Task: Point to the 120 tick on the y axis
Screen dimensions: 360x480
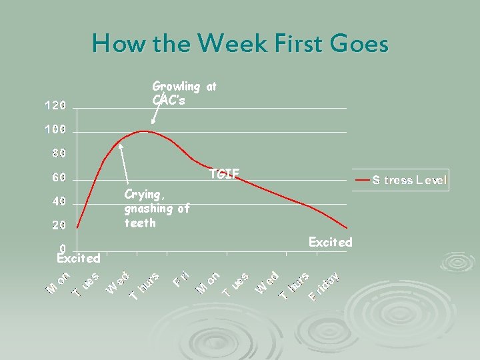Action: (55, 105)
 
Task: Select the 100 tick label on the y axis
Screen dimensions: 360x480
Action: (55, 129)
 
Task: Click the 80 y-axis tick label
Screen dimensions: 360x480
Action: (59, 154)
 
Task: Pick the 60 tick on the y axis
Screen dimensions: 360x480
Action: (59, 178)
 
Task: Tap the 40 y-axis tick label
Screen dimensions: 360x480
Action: (59, 201)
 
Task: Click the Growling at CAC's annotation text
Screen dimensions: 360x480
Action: (184, 93)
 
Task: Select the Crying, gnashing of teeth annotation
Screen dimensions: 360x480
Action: (156, 208)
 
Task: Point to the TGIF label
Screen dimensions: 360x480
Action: (223, 175)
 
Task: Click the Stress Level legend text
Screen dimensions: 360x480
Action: (409, 180)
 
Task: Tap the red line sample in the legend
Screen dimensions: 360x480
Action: (362, 180)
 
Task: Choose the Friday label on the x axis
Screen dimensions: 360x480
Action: (325, 285)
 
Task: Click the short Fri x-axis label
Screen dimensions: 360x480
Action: (182, 279)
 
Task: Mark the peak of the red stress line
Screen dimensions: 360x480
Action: (144, 131)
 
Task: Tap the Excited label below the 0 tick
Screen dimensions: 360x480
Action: (79, 258)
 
